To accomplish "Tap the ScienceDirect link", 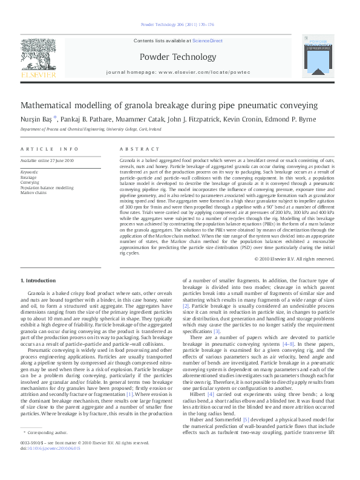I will click(x=207, y=41).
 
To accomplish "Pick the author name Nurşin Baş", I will click(x=36, y=119).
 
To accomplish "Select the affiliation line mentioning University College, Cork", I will click(x=91, y=129).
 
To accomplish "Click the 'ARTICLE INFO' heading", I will click(x=50, y=149).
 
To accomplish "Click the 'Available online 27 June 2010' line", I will click(x=47, y=160).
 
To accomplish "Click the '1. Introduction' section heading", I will click(x=38, y=281).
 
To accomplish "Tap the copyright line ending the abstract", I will click(x=294, y=258).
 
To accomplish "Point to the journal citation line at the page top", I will click(x=177, y=25).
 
